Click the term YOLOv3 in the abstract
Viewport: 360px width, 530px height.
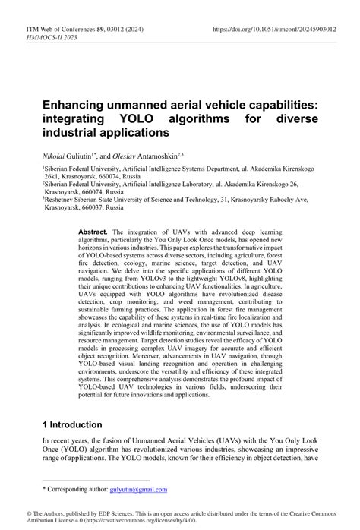coord(179,279)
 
